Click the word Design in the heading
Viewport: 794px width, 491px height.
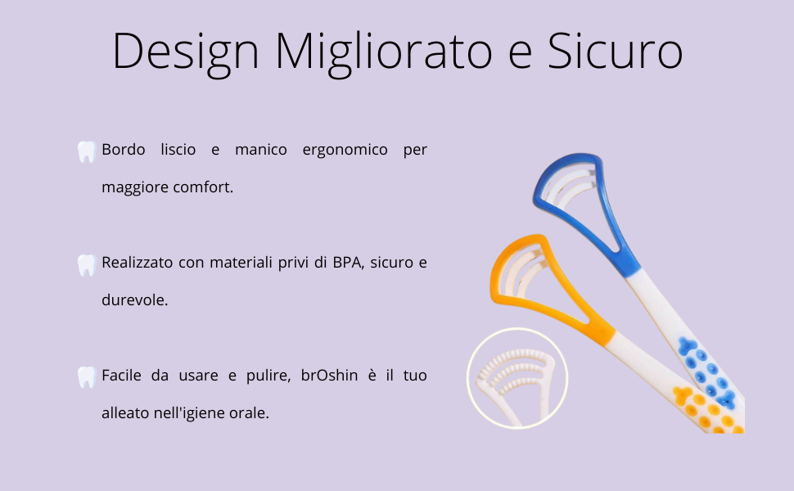point(185,51)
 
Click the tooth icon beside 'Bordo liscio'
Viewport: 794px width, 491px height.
point(86,151)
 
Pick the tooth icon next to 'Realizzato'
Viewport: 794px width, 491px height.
point(86,264)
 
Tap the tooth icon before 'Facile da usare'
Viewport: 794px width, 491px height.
point(86,377)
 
